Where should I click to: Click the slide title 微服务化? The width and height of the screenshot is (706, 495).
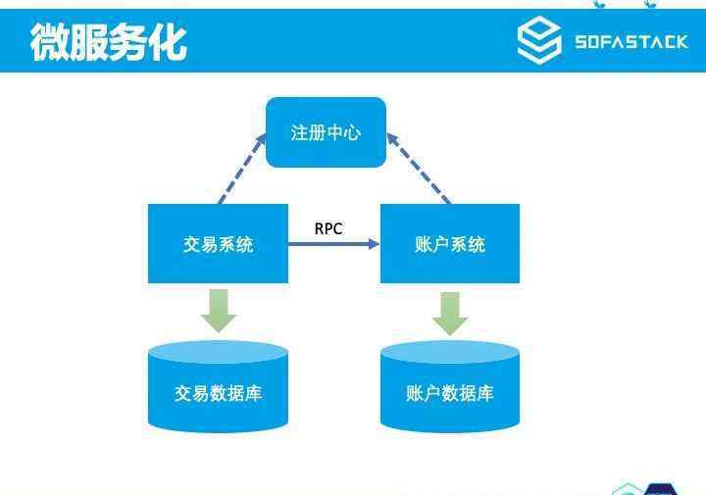pyautogui.click(x=109, y=42)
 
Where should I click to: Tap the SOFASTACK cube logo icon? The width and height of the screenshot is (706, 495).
pyautogui.click(x=539, y=39)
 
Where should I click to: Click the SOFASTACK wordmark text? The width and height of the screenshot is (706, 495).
pyautogui.click(x=631, y=42)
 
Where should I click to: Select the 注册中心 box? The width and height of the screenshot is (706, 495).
pyautogui.click(x=326, y=132)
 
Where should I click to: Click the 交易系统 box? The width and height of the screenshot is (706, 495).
pyautogui.click(x=218, y=243)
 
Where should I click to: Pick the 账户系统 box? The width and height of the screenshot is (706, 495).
pyautogui.click(x=450, y=243)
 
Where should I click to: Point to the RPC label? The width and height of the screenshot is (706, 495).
pyautogui.click(x=328, y=228)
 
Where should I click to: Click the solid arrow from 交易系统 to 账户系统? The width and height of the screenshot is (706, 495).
pyautogui.click(x=333, y=244)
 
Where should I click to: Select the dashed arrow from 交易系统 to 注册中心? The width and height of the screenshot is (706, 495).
pyautogui.click(x=242, y=169)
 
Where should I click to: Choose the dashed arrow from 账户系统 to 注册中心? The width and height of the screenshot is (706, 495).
pyautogui.click(x=419, y=169)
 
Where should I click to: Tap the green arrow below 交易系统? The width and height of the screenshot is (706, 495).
pyautogui.click(x=219, y=311)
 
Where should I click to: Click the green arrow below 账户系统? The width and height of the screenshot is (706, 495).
pyautogui.click(x=450, y=314)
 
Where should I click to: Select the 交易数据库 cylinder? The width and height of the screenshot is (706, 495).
pyautogui.click(x=218, y=386)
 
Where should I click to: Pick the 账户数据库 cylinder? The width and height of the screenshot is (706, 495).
pyautogui.click(x=450, y=386)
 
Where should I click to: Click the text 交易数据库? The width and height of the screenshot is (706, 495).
pyautogui.click(x=218, y=393)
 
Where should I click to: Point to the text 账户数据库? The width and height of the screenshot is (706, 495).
pyautogui.click(x=450, y=393)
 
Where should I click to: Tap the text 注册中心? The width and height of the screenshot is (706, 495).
pyautogui.click(x=326, y=132)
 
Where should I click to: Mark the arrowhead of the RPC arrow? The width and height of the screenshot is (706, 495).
pyautogui.click(x=375, y=244)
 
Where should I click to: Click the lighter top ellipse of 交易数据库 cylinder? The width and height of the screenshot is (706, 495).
pyautogui.click(x=218, y=352)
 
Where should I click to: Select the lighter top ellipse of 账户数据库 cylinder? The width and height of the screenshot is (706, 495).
pyautogui.click(x=450, y=352)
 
